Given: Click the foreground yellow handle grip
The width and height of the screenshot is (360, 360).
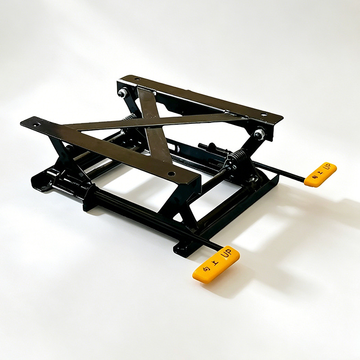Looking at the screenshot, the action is coord(216,265).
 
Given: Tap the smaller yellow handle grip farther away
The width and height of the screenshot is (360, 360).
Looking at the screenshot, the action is coord(320,174).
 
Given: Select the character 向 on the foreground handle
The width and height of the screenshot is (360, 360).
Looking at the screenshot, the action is coord(205,269).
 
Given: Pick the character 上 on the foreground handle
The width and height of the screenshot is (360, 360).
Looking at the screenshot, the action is coord(215,263).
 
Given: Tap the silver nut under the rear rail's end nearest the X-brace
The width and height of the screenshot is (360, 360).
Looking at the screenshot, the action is coord(123,93).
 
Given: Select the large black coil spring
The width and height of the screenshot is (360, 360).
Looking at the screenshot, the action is coord(238,157).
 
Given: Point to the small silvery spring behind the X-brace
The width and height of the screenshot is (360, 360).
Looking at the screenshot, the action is coord(129,117).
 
